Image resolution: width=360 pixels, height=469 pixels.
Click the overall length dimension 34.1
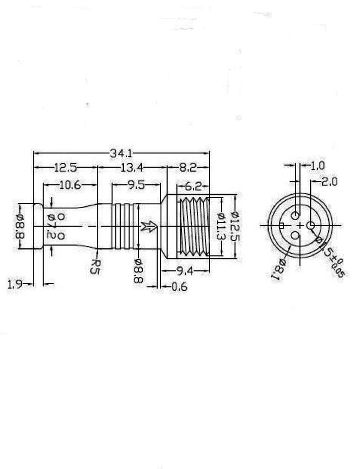point(121,153)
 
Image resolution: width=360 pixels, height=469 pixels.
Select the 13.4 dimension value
point(131,168)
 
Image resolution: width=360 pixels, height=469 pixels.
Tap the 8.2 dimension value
point(187,168)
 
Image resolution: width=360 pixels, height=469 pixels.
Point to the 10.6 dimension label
point(70,185)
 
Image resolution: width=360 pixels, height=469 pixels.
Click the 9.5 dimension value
point(136,185)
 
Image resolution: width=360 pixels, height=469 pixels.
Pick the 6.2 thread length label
point(194,186)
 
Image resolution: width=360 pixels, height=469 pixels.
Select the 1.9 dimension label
point(15,284)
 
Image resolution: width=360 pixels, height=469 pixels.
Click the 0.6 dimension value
point(180,287)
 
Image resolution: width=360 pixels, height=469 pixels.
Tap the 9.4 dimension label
point(185,271)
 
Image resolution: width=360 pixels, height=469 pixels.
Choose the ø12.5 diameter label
point(235,226)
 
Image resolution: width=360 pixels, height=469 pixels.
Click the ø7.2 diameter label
point(51,226)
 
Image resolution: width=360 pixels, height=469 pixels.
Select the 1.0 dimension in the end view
point(318,166)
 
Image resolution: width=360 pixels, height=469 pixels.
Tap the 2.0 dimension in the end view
point(329,182)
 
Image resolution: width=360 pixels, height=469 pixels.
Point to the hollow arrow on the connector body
point(149,226)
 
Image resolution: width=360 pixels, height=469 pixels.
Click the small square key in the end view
point(281,226)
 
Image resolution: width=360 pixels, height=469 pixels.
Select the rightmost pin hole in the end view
point(311,225)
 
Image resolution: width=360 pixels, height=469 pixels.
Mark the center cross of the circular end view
point(300,225)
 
